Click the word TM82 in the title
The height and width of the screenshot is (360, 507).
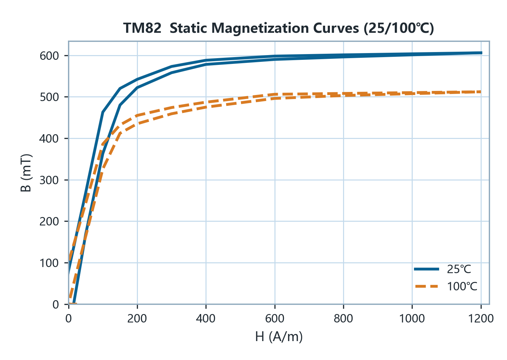pyautogui.click(x=142, y=28)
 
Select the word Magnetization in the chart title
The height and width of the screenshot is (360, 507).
pyautogui.click(x=260, y=28)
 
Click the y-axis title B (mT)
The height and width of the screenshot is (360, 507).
pyautogui.click(x=26, y=173)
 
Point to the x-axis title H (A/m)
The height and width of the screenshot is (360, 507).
pyautogui.click(x=279, y=337)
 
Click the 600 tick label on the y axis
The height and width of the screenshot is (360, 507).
pyautogui.click(x=49, y=56)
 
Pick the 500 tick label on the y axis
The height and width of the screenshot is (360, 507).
pyautogui.click(x=49, y=97)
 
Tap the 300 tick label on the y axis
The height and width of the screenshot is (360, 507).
pyautogui.click(x=49, y=180)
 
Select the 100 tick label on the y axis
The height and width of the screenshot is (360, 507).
pyautogui.click(x=49, y=263)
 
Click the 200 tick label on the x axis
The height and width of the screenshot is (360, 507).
pyautogui.click(x=137, y=318)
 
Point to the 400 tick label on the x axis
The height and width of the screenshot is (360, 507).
pyautogui.click(x=206, y=318)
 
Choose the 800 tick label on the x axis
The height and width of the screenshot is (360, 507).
pyautogui.click(x=343, y=318)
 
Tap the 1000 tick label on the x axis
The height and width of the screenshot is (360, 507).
pyautogui.click(x=412, y=318)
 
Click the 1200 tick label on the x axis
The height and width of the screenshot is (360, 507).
pyautogui.click(x=481, y=318)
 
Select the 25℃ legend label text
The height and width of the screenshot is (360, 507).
pyautogui.click(x=459, y=269)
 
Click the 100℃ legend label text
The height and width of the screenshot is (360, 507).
pyautogui.click(x=462, y=286)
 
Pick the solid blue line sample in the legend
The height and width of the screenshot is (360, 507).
pyautogui.click(x=427, y=269)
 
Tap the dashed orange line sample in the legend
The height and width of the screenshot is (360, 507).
pyautogui.click(x=427, y=286)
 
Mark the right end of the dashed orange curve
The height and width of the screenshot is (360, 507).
pyautogui.click(x=481, y=92)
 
